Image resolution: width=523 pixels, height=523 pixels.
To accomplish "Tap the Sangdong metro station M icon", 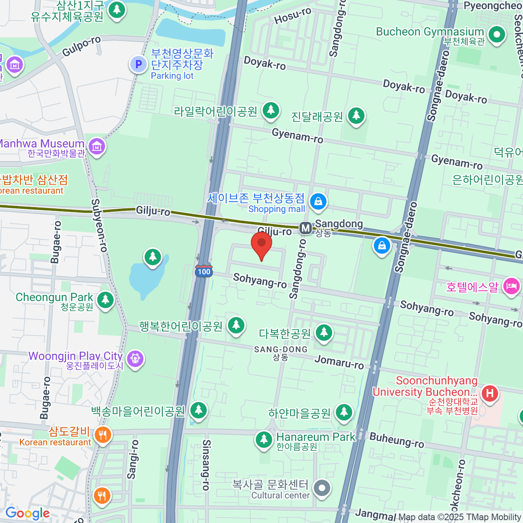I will click(x=306, y=228).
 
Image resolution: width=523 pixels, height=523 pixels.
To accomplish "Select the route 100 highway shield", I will click(x=204, y=271).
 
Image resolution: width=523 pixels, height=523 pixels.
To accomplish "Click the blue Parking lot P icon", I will click(x=138, y=65).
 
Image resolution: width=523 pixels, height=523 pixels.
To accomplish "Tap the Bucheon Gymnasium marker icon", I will click(x=496, y=34).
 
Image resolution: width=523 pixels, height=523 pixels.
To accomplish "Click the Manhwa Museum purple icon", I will click(x=97, y=146).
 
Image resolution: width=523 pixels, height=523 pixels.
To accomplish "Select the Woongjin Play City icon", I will click(x=135, y=359).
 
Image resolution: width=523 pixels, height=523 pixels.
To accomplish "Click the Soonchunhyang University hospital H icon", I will click(x=490, y=393).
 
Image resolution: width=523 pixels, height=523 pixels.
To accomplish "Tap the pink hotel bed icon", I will click(x=511, y=286).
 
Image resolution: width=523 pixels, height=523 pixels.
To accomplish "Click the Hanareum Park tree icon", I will click(x=264, y=439).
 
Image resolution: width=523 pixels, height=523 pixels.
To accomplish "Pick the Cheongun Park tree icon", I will click(x=105, y=300).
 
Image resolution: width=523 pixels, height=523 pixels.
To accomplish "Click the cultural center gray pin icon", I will click(x=322, y=488).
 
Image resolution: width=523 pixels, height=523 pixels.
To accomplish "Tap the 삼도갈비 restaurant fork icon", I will click(x=102, y=435).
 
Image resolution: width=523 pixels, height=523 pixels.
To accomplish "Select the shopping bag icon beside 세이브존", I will click(x=318, y=201).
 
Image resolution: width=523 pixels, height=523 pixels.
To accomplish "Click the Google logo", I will click(x=27, y=513).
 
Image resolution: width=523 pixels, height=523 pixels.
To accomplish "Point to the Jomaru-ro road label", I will click(x=339, y=362).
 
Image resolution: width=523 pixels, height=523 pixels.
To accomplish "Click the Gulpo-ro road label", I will click(x=82, y=47).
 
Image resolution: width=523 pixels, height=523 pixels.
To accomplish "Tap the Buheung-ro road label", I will click(x=397, y=440).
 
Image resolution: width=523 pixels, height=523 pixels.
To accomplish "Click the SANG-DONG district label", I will click(x=281, y=350).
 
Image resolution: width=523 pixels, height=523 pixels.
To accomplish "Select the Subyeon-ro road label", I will click(x=99, y=225).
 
